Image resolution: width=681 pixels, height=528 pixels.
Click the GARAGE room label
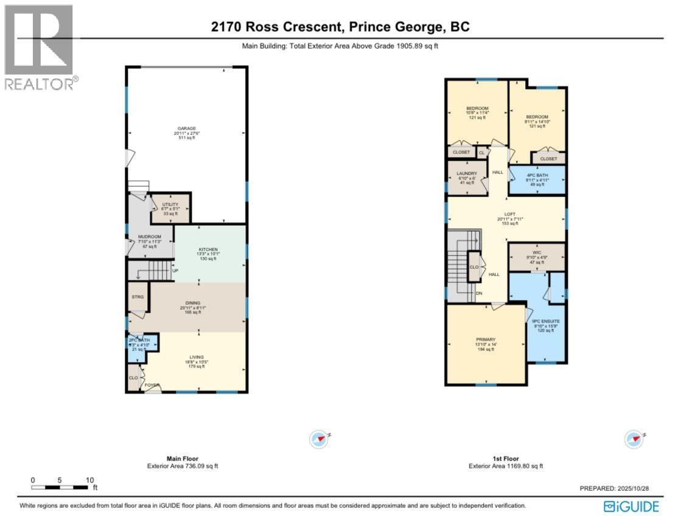click(x=186, y=128)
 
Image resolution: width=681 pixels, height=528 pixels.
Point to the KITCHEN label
click(x=208, y=249)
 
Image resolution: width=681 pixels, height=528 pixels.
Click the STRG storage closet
click(x=137, y=297)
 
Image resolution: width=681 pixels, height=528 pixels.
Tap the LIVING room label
click(x=196, y=357)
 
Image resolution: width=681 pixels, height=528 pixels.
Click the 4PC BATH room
click(x=537, y=179)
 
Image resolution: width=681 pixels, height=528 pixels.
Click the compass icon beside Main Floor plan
click(x=320, y=439)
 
